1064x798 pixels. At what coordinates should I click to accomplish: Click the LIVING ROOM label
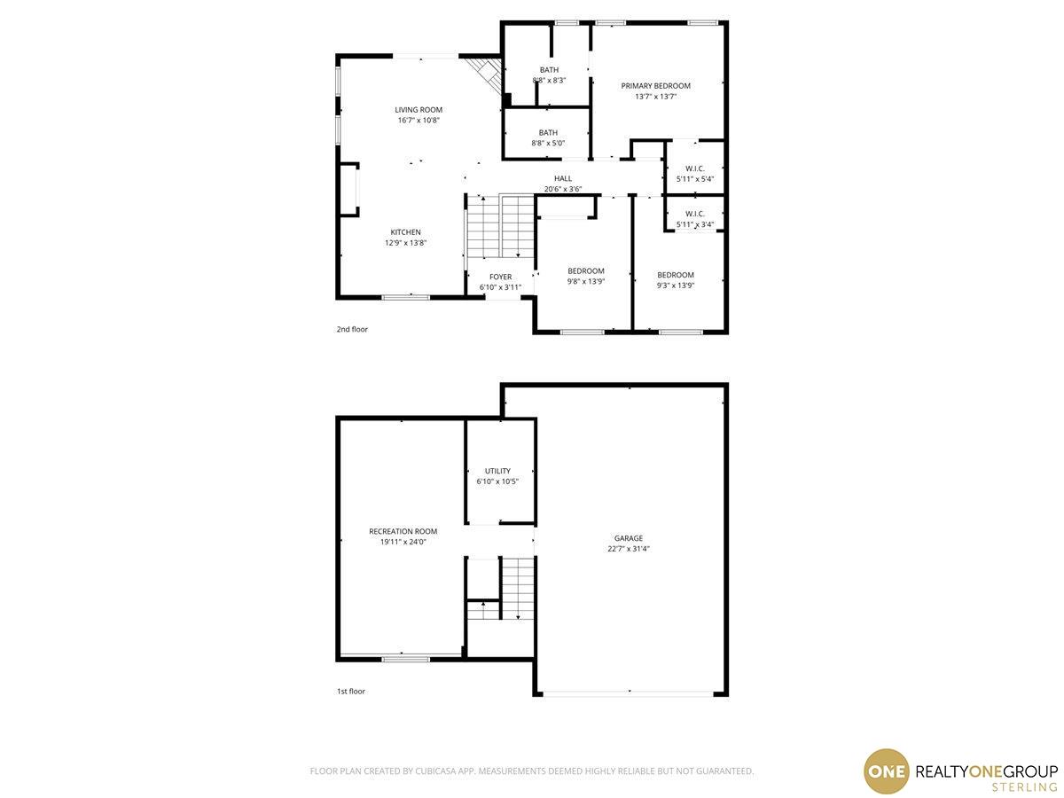(419, 110)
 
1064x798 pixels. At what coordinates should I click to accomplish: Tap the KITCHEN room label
(406, 232)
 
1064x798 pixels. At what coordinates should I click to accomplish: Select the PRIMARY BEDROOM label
(656, 86)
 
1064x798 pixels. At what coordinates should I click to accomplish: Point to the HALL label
(563, 179)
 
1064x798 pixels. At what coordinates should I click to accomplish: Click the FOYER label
(501, 277)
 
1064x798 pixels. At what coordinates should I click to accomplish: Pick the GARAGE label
(629, 538)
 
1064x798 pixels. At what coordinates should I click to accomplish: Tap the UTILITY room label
(497, 471)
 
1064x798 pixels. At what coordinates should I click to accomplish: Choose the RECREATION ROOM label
(403, 531)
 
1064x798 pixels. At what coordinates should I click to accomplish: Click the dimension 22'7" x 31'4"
(629, 549)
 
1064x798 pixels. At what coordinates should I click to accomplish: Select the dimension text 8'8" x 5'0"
(548, 144)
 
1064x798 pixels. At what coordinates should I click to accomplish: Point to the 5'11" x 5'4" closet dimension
(695, 179)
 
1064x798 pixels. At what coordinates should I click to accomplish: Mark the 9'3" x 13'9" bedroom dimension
(676, 286)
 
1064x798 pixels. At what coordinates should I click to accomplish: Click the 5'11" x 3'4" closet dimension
(695, 225)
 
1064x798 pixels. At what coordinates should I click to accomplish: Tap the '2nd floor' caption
(352, 330)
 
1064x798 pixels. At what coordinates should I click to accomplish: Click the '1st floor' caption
(351, 692)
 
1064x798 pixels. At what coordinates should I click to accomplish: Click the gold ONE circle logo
(887, 771)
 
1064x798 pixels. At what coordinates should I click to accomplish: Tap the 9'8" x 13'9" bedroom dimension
(586, 281)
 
